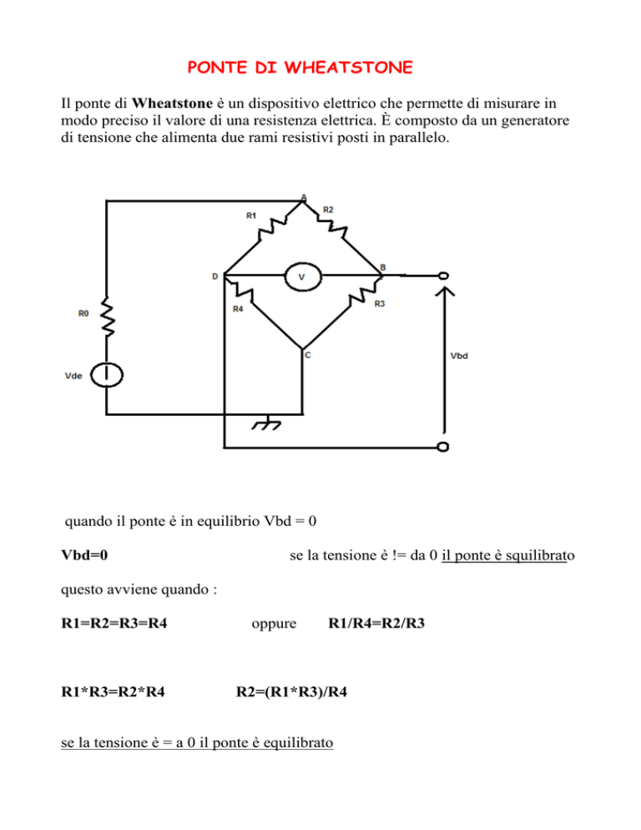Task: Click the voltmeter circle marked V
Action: pyautogui.click(x=301, y=276)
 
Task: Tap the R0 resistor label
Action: pyautogui.click(x=83, y=314)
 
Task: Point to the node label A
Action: pyautogui.click(x=304, y=197)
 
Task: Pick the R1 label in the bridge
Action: pyautogui.click(x=251, y=215)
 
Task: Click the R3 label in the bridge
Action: pyautogui.click(x=380, y=304)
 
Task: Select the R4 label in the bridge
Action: pyautogui.click(x=238, y=309)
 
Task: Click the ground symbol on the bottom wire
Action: pyautogui.click(x=267, y=424)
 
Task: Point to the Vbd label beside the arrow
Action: pyautogui.click(x=459, y=356)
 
